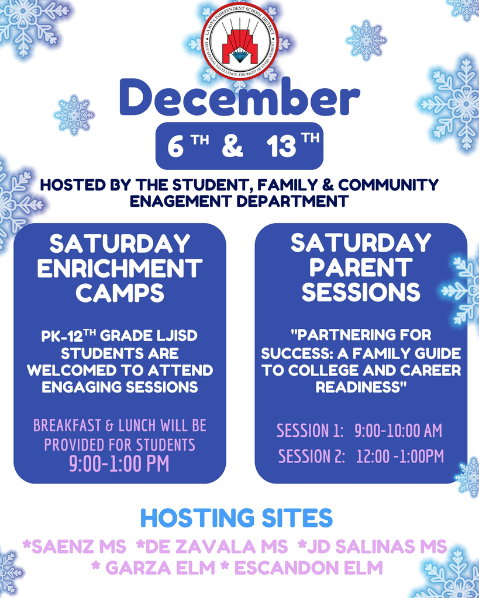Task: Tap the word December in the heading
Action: [239, 100]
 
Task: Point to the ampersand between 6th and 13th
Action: [232, 147]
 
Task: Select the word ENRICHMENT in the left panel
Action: [120, 268]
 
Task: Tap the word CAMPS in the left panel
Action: [120, 293]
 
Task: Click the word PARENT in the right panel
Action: [361, 267]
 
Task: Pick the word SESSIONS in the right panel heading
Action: [361, 292]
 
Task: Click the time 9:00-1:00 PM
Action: [119, 464]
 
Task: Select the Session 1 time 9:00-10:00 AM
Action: [398, 431]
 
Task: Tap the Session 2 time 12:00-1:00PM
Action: [400, 456]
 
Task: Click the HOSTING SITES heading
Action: [236, 518]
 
